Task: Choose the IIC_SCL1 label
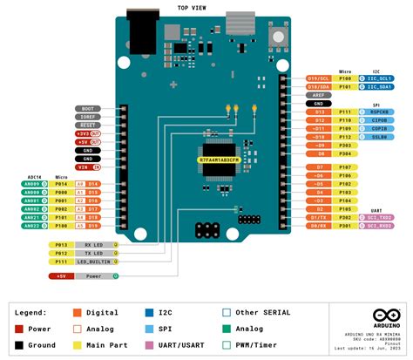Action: click(x=378, y=77)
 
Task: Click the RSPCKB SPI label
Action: click(x=378, y=112)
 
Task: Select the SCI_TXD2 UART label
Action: click(x=378, y=216)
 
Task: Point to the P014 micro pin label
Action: click(x=61, y=184)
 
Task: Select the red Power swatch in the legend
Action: click(x=19, y=329)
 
